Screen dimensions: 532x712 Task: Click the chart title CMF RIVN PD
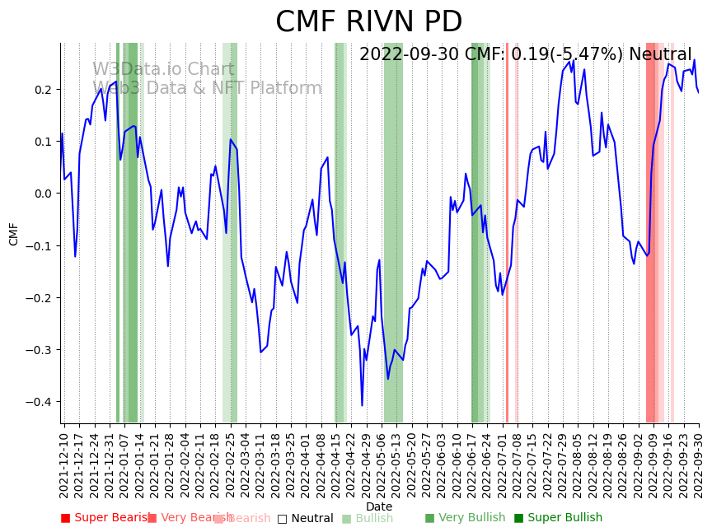(368, 22)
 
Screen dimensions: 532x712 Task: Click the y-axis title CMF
(14, 234)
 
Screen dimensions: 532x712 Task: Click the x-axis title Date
(379, 506)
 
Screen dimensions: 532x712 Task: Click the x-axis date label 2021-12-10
(64, 464)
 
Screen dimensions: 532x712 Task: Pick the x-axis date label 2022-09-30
(699, 464)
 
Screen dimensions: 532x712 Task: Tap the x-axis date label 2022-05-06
(382, 464)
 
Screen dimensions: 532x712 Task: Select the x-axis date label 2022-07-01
(503, 464)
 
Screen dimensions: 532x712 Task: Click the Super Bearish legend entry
(106, 518)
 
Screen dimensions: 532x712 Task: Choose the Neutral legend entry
(305, 519)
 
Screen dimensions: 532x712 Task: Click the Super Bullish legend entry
(559, 518)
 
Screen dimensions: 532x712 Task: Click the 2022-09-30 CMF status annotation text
(526, 55)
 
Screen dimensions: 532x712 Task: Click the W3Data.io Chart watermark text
(163, 70)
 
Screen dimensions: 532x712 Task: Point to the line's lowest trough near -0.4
(362, 404)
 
